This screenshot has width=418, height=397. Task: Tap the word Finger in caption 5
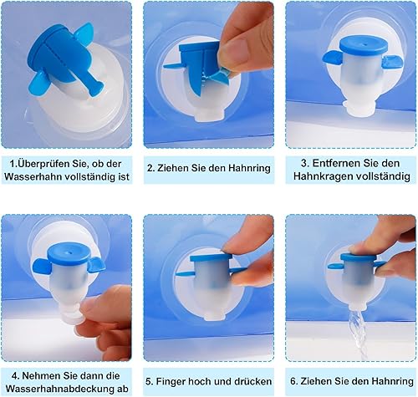[171, 381]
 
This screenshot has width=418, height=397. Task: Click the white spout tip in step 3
[358, 109]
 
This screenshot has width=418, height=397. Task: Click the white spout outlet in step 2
[210, 115]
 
